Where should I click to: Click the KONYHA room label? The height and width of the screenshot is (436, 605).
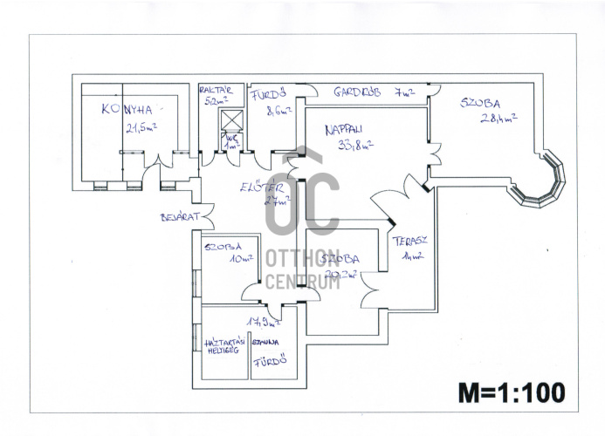click(x=127, y=109)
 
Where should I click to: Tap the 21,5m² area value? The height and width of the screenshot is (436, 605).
click(x=141, y=126)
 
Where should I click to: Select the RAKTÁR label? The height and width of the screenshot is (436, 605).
click(x=215, y=90)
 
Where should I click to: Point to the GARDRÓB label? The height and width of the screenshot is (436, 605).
click(x=358, y=92)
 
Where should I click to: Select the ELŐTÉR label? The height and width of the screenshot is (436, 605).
click(x=260, y=187)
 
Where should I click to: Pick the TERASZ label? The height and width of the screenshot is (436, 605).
click(x=407, y=241)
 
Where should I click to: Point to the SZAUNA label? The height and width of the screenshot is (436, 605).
click(x=265, y=342)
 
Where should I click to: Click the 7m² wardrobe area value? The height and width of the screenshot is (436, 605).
click(x=404, y=92)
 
